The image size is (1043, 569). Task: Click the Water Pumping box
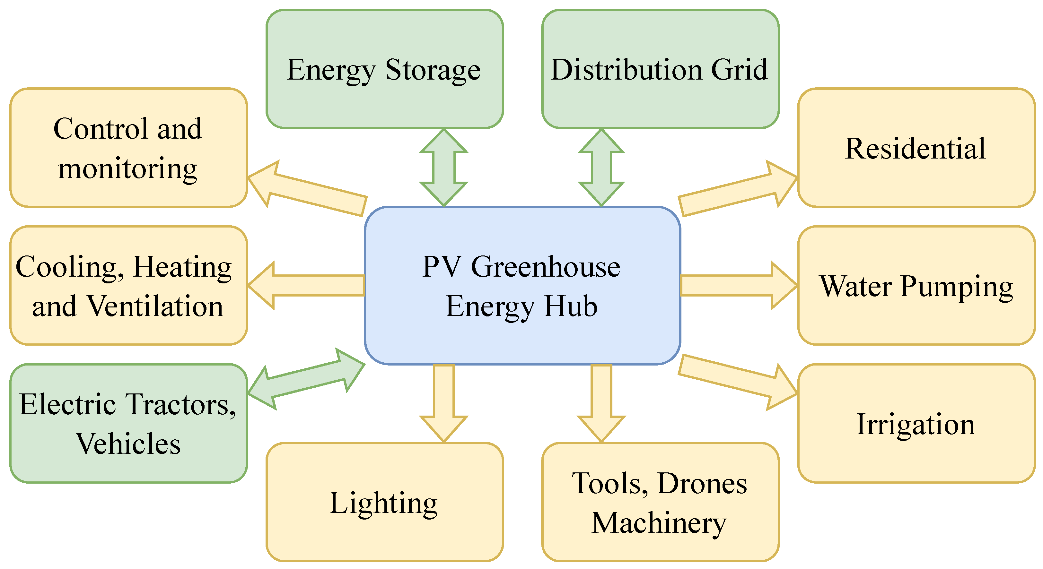pyautogui.click(x=916, y=286)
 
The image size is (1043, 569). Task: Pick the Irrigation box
pyautogui.click(x=916, y=423)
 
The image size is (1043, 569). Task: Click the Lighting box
pyautogui.click(x=384, y=502)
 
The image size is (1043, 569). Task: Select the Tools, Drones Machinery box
pyautogui.click(x=660, y=502)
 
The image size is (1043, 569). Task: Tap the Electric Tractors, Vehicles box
pyautogui.click(x=128, y=423)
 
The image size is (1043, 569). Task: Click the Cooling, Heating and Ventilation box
pyautogui.click(x=128, y=286)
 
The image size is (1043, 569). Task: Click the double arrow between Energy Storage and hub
pyautogui.click(x=444, y=168)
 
